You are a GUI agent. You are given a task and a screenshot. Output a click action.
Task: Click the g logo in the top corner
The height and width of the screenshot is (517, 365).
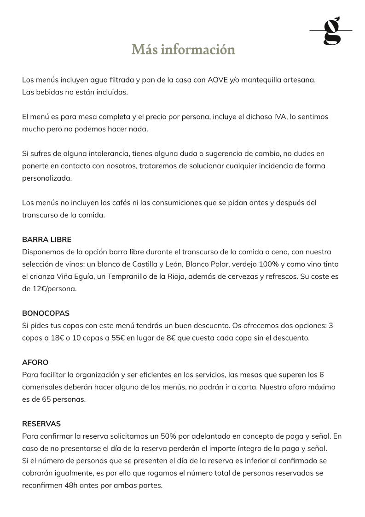click(331, 31)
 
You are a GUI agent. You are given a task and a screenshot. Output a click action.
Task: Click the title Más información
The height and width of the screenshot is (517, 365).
click(183, 49)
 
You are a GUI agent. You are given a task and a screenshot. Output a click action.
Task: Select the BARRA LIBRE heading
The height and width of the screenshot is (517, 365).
click(46, 240)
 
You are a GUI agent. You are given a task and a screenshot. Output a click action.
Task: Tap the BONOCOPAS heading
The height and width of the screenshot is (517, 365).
click(46, 313)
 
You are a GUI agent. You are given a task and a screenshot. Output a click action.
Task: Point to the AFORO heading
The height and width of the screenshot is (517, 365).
click(35, 363)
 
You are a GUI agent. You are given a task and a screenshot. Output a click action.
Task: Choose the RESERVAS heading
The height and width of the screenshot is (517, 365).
click(41, 424)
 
